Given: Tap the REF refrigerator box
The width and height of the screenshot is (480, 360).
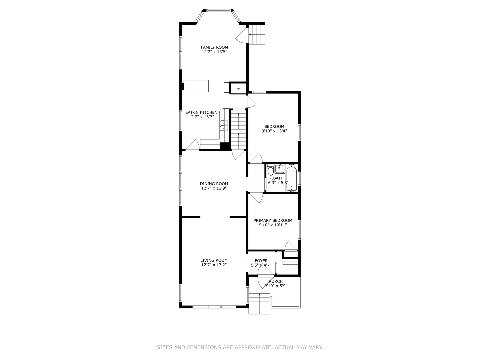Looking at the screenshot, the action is pos(238,89).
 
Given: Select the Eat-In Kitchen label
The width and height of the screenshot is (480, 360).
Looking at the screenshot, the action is pos(201,112).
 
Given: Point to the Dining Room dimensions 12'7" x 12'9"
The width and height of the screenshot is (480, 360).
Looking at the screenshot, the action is pos(214,188).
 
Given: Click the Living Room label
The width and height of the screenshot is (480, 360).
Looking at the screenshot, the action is pos(214,260).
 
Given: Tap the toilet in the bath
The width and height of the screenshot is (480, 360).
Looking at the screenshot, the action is pos(271,170).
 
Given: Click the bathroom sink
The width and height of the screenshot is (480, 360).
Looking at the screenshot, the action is pos(279,169).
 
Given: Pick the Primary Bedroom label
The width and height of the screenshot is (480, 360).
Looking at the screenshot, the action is pos(273,220).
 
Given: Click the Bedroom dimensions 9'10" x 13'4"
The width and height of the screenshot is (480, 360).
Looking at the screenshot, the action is pos(274,131).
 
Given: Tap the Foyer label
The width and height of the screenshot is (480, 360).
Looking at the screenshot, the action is pos(261,261).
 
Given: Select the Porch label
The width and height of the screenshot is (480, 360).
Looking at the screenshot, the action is pos(276,281).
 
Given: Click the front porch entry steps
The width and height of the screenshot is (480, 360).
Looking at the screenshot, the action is pos(260,303).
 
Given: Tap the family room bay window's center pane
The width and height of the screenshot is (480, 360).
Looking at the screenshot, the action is pos(219,10).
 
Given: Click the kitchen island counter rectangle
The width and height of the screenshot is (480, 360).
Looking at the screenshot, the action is pos(195,86).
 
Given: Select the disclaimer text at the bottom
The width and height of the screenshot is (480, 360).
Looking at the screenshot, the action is pos(240,347).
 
